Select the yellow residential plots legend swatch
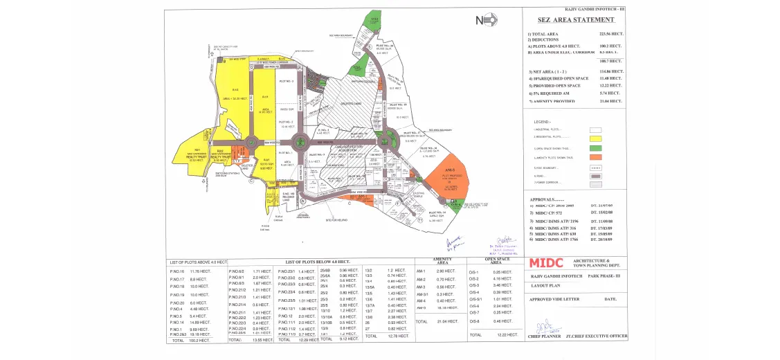tap(595, 138)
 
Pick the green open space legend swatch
tap(595, 147)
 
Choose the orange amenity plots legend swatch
tap(595, 157)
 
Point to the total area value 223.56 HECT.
tap(608, 33)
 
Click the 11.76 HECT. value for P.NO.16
tap(199, 271)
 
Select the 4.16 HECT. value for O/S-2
tap(503, 279)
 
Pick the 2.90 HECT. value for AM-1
tap(444, 271)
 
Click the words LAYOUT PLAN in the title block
tap(545, 285)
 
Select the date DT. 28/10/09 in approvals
tap(601, 240)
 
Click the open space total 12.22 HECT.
tap(508, 334)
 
